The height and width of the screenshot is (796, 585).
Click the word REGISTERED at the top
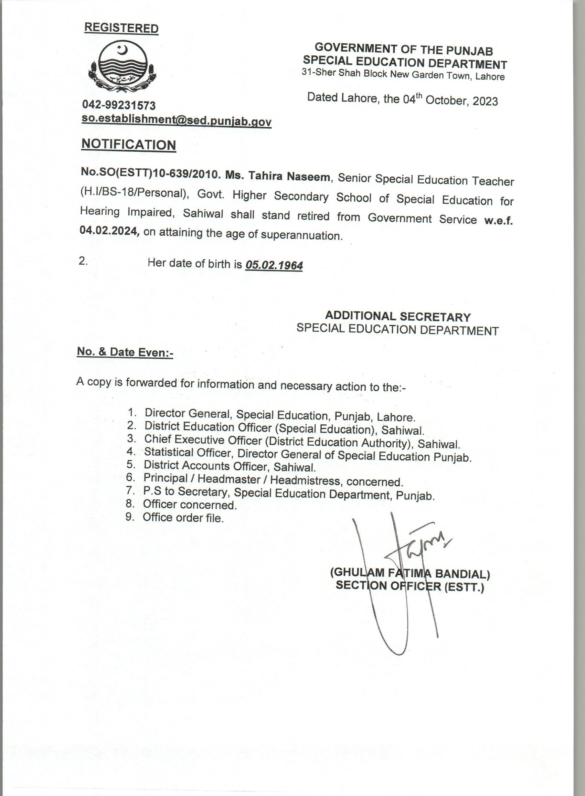(121, 28)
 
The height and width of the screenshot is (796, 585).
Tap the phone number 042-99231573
(119, 105)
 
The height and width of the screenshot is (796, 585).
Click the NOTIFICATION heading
(129, 145)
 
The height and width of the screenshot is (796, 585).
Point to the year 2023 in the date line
(485, 101)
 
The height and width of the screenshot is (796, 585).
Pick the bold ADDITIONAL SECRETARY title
(398, 316)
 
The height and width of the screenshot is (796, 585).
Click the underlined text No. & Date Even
(125, 352)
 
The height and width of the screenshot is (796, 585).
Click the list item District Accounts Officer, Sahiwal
(230, 466)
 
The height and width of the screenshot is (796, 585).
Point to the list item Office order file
(183, 518)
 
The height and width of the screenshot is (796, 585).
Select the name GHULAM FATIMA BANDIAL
(410, 573)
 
